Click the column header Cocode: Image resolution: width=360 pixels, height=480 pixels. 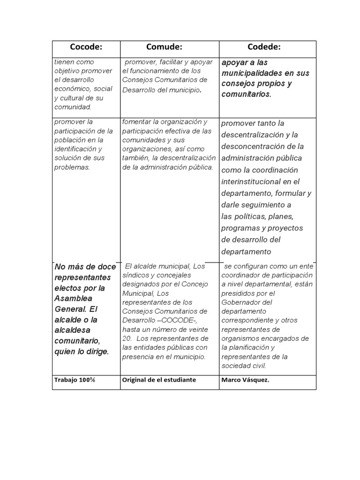click(86, 47)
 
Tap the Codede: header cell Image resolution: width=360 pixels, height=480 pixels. click(264, 47)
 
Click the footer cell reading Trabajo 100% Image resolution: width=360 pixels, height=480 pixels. click(74, 380)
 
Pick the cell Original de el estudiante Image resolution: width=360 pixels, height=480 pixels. click(158, 380)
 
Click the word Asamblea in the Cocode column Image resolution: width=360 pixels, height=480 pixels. click(74, 299)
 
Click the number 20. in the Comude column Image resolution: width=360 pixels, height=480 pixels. click(127, 338)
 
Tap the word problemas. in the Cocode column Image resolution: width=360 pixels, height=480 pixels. click(72, 167)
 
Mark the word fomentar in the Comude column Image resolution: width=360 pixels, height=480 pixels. click(136, 122)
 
